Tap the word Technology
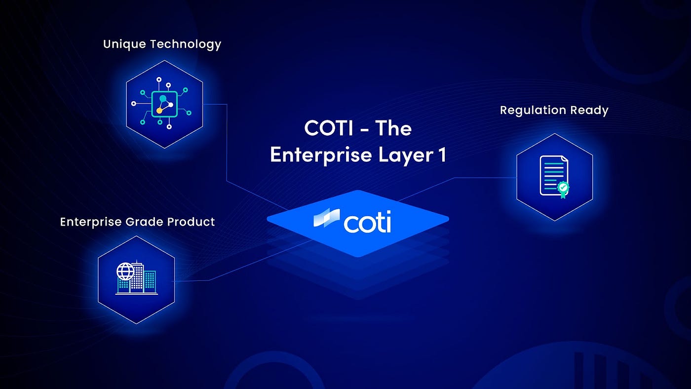(186, 44)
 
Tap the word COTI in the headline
(328, 128)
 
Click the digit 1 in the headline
(442, 154)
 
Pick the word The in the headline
(393, 128)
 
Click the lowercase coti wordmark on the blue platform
(367, 222)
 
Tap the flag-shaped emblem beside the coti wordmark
(327, 218)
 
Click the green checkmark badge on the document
(563, 187)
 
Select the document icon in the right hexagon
(554, 176)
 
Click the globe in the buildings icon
(125, 272)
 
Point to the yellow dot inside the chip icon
(159, 111)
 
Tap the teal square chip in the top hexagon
(164, 104)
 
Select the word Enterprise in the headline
(321, 155)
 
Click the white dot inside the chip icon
(171, 105)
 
